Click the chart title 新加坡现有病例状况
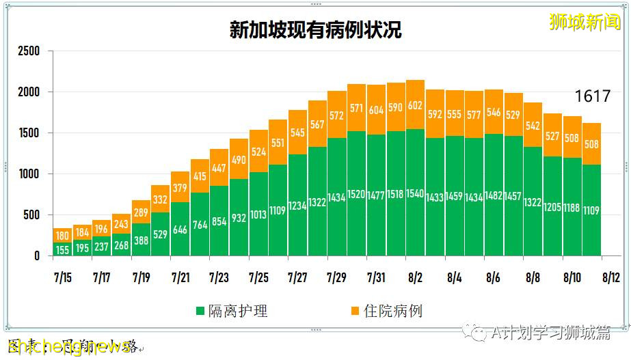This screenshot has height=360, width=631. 315,30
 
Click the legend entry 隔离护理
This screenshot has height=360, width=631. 232,311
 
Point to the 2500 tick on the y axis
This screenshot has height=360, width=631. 29,51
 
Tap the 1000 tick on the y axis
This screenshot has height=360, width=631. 29,174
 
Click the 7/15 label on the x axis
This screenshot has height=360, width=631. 63,278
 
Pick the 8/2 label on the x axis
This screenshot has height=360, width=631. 415,278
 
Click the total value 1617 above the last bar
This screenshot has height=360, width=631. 591,96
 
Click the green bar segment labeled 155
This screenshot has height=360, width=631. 63,249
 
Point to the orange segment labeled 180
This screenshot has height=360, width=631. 63,236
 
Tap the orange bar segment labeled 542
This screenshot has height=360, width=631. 533,125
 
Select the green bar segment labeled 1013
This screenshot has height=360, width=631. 258,214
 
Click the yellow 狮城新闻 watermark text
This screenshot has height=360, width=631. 585,21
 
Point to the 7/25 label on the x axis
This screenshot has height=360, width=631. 258,278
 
